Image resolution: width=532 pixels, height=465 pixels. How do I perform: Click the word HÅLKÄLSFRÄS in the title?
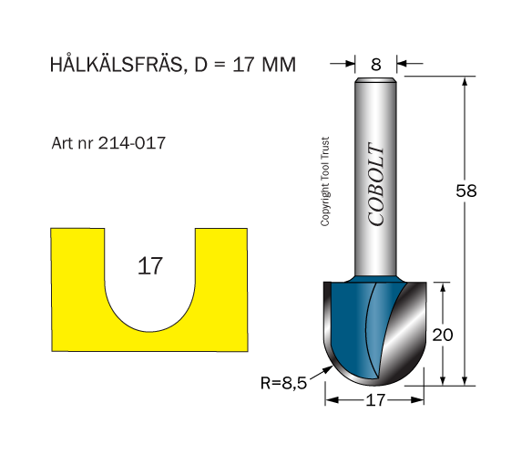pos(116,64)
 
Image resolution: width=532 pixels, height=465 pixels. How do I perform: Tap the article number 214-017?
pos(132,143)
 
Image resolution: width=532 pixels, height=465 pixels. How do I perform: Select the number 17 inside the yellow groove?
pos(150,266)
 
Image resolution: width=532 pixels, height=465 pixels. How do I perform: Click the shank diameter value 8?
pos(376,65)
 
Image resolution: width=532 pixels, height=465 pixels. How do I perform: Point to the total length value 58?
pos(466,191)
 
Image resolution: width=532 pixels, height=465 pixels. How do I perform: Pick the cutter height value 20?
pos(443,335)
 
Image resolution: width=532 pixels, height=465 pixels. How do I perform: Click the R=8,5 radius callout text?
pos(283,383)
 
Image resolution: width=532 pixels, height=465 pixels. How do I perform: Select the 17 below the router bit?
pos(375,400)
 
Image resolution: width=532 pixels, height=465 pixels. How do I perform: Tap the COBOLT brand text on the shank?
pos(376,184)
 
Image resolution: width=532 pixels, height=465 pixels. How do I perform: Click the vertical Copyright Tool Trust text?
pos(324,181)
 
